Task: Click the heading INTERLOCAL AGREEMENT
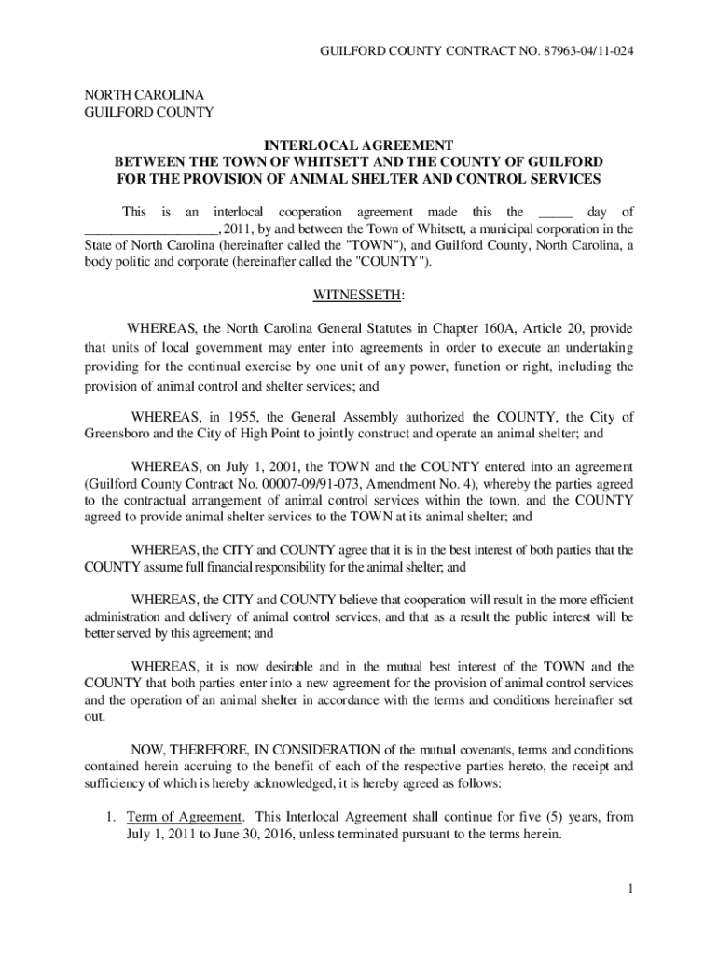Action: pyautogui.click(x=359, y=145)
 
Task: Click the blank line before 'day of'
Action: pyautogui.click(x=555, y=213)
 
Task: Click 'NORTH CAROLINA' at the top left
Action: pyautogui.click(x=145, y=95)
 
